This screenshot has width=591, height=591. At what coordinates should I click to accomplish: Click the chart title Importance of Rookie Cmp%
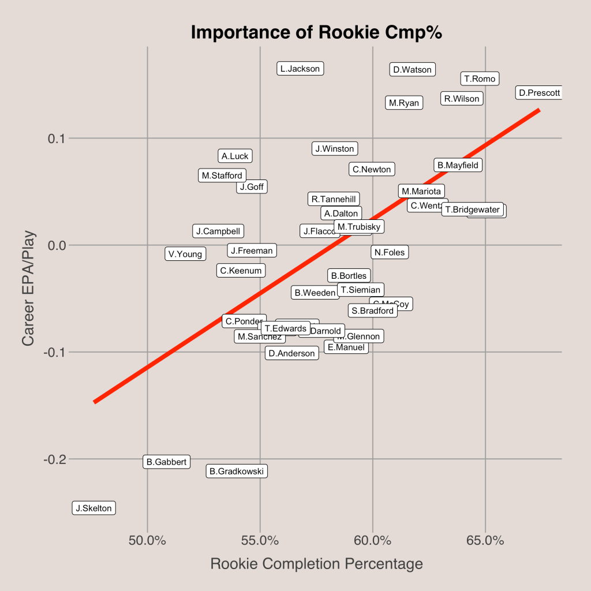[316, 33]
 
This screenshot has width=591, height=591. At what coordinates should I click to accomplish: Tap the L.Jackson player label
[300, 69]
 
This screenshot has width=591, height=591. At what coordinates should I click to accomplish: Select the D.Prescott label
[538, 93]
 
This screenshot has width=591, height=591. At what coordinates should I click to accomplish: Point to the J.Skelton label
[94, 508]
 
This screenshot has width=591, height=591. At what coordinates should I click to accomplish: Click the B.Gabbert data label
[166, 462]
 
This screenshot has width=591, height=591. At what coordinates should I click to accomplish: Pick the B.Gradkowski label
[237, 472]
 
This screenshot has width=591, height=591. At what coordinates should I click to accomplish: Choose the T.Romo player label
[480, 78]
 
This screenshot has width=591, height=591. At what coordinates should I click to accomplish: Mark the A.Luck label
[235, 156]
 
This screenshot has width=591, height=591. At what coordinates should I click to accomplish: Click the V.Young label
[185, 253]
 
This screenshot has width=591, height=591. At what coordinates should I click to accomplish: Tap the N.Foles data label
[390, 252]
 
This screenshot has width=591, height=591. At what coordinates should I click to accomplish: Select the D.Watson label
[412, 70]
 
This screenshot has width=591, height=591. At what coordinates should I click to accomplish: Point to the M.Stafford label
[222, 175]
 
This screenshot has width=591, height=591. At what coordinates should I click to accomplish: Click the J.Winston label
[335, 149]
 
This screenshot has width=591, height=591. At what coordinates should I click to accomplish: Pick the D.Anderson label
[292, 353]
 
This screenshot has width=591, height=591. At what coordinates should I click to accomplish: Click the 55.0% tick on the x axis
[260, 541]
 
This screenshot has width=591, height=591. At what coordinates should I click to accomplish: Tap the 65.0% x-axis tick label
[485, 541]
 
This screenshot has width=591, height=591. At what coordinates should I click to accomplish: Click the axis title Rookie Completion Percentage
[316, 564]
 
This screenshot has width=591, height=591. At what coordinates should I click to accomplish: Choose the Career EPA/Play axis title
[28, 288]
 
